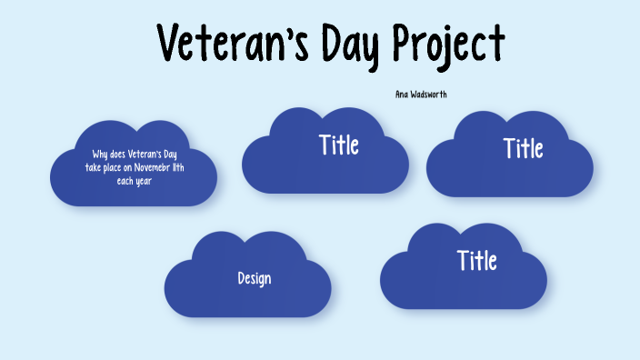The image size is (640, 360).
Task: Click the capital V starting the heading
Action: coord(170,43)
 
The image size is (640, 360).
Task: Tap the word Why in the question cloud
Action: coord(100,155)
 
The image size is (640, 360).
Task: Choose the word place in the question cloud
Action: coord(113,167)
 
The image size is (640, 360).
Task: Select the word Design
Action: coord(255,278)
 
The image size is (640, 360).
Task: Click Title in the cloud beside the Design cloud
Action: coord(477,261)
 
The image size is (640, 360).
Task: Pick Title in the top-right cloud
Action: coord(524,148)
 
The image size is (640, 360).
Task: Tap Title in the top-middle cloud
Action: coord(339,145)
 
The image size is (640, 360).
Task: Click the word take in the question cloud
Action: coord(93,167)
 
